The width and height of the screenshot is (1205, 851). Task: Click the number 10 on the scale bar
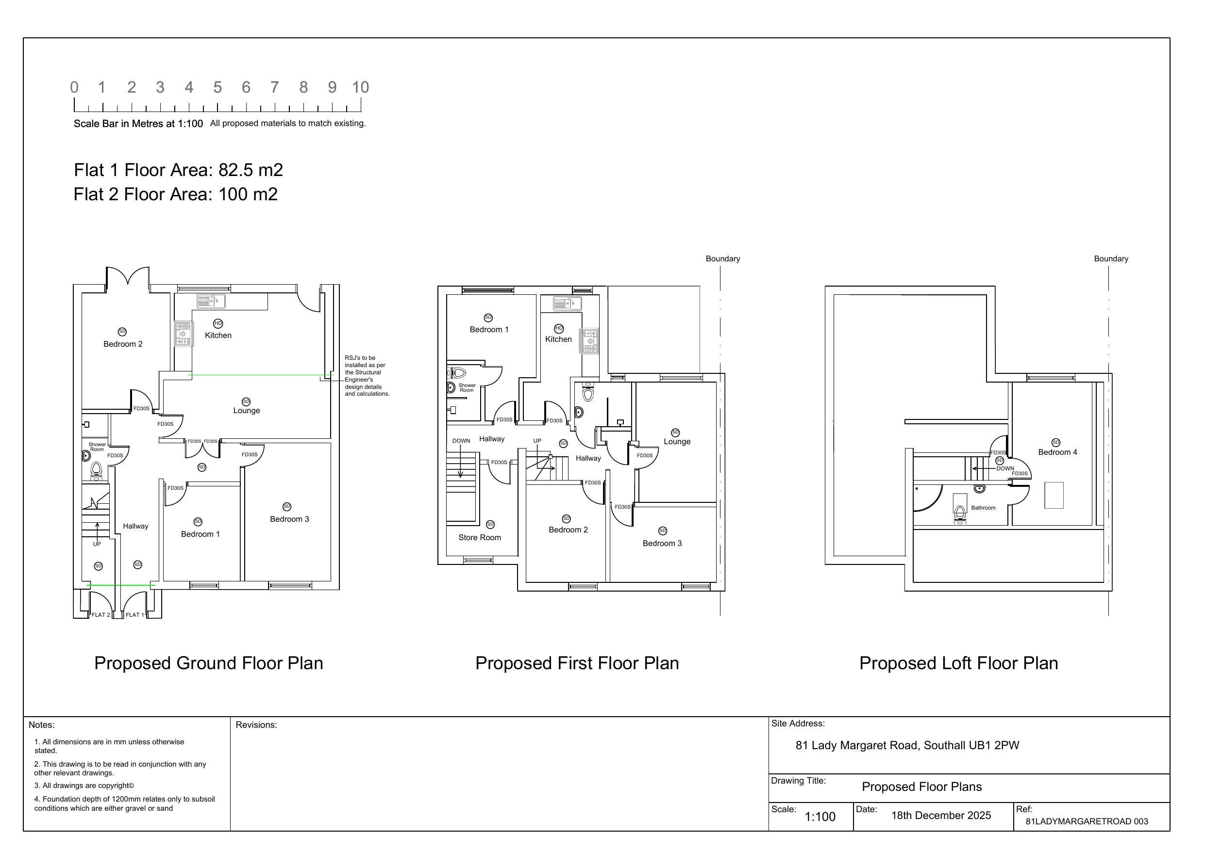point(360,87)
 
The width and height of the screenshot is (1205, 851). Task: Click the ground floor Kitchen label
point(218,336)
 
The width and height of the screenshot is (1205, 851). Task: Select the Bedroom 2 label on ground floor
point(123,344)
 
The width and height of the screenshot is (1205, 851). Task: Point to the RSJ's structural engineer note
point(367,375)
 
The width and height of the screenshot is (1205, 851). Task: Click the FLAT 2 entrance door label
point(101,614)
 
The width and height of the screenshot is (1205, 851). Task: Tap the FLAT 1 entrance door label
point(134,614)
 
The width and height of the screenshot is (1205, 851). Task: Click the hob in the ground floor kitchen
point(183,334)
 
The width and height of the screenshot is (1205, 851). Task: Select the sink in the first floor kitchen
point(568,303)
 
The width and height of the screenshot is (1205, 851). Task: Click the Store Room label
point(479,537)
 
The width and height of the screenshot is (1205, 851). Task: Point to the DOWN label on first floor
point(461,440)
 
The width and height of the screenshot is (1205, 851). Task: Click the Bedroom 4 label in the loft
point(1057,452)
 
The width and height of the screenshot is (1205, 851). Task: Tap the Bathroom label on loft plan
point(983,508)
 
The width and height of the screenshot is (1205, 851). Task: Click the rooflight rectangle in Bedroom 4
point(1054,495)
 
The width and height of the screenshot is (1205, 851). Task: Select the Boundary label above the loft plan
point(1110,258)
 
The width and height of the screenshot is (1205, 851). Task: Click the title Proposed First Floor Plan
point(577,663)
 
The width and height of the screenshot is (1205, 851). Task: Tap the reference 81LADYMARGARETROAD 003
point(1087,821)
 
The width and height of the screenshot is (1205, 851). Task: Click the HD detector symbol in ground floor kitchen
point(218,323)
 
